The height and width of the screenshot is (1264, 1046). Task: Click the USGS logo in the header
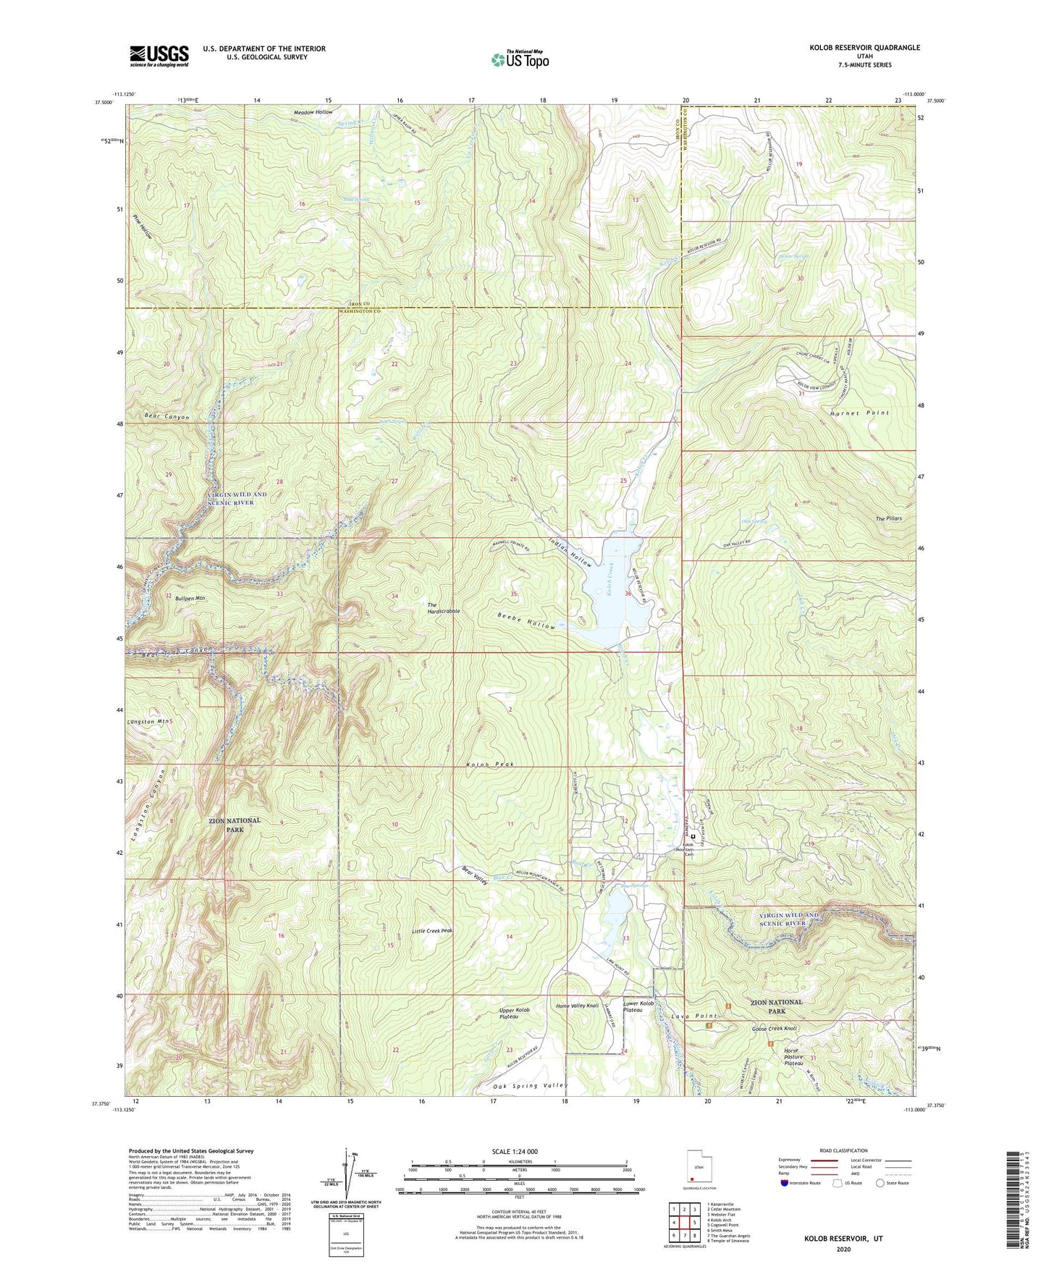(159, 56)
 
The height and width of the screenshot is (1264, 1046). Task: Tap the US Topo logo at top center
(520, 59)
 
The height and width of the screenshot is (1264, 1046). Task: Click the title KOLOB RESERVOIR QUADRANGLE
(864, 48)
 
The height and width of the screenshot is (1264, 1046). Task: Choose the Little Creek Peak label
(432, 931)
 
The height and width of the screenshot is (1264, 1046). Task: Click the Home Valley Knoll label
(577, 1006)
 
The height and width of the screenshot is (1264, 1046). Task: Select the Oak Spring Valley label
(531, 1085)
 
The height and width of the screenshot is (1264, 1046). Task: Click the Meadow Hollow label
(313, 112)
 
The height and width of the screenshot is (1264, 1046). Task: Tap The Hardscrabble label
(443, 608)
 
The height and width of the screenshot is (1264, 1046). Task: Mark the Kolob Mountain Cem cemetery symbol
(693, 837)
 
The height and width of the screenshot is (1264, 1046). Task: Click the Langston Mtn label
(150, 722)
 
